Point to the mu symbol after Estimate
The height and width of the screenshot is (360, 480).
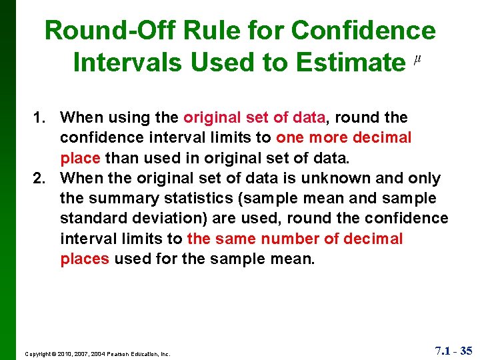click(x=417, y=60)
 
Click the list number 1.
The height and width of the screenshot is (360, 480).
click(x=39, y=118)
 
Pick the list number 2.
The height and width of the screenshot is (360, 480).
click(x=39, y=178)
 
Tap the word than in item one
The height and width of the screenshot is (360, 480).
click(x=122, y=158)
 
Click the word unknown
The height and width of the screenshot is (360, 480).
click(x=338, y=178)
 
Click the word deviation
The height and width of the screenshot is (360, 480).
click(x=163, y=218)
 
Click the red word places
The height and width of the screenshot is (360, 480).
click(x=85, y=258)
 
